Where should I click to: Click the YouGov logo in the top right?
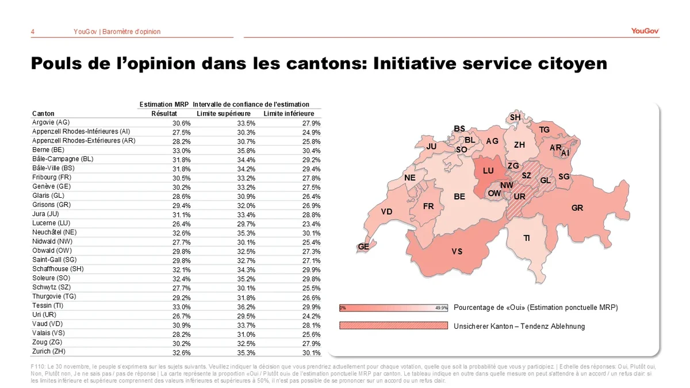(645, 31)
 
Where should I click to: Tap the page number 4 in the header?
(33, 32)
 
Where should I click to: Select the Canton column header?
(44, 114)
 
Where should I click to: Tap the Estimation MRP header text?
(164, 105)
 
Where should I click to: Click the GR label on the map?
(577, 208)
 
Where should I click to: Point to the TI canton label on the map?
(527, 238)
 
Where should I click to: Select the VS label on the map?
(457, 251)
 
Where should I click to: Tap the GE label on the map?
(363, 247)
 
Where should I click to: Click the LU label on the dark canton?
(488, 171)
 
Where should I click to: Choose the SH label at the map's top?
(515, 117)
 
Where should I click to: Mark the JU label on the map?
(432, 147)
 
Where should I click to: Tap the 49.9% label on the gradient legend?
(441, 308)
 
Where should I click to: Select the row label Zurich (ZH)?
(50, 352)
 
